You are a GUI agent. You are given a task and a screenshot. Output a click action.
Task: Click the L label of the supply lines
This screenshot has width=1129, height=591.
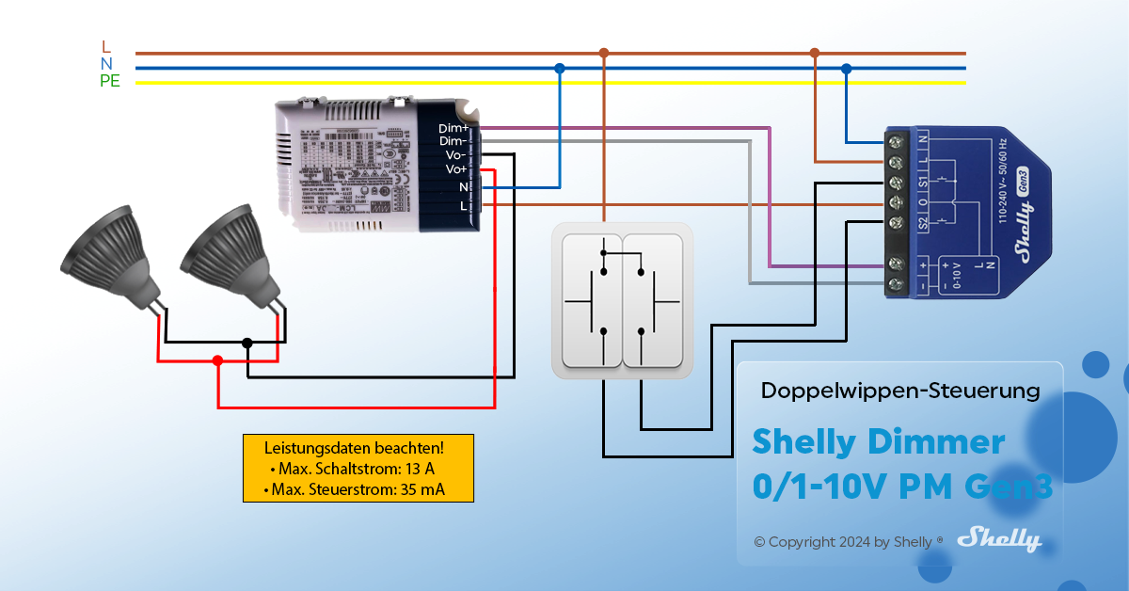[105, 47]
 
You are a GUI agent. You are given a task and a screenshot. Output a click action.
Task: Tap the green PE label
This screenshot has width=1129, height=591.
[110, 81]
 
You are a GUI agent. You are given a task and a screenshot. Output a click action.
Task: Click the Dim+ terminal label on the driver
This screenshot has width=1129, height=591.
[453, 128]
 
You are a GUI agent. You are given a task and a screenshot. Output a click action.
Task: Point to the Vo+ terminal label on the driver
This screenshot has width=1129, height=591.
[456, 169]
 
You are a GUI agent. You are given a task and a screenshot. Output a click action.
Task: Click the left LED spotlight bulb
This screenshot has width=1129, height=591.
[105, 254]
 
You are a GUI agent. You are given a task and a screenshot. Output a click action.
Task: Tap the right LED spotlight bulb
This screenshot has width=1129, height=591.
[226, 254]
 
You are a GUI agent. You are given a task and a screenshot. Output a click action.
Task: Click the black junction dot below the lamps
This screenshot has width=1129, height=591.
[247, 343]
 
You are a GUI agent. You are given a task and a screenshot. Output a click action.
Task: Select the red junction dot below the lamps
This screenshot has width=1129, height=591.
[217, 360]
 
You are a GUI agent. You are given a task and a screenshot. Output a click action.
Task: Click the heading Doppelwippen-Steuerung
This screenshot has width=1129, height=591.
[899, 390]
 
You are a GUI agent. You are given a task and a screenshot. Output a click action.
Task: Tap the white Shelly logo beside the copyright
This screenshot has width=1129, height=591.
[998, 540]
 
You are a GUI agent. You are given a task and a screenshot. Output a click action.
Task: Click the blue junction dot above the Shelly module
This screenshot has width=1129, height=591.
[847, 69]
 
